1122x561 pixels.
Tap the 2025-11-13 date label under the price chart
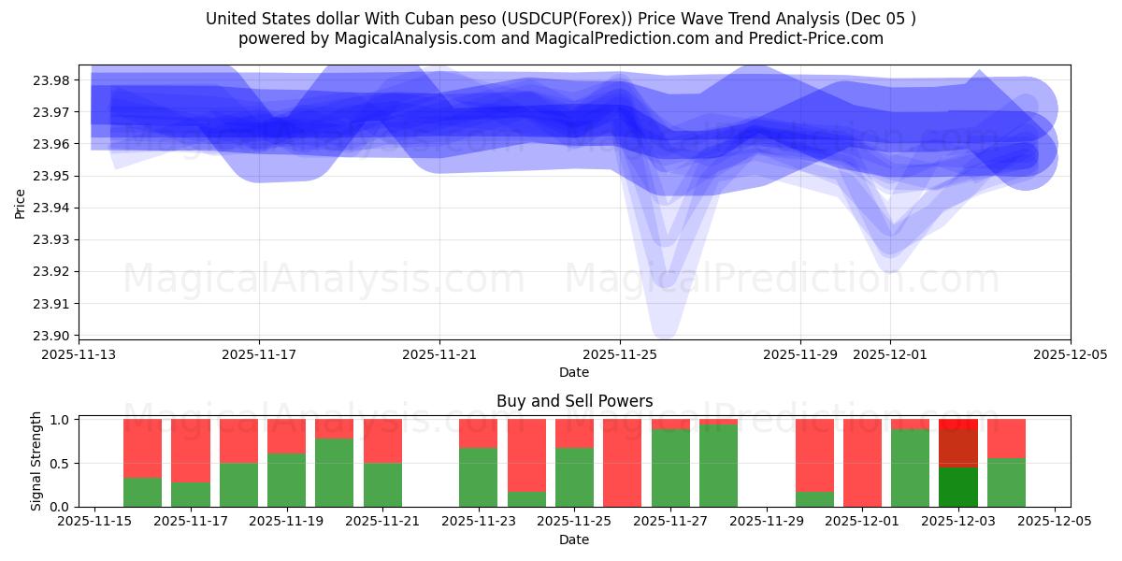tap(79, 355)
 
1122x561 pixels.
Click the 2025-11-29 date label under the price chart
tap(800, 355)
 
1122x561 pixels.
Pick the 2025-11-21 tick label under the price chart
tap(439, 355)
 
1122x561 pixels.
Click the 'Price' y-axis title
tap(21, 202)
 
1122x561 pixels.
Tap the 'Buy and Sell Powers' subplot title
tap(574, 401)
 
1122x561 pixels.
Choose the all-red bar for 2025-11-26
tap(622, 463)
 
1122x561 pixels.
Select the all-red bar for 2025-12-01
tap(862, 463)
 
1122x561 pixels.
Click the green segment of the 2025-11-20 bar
tap(334, 472)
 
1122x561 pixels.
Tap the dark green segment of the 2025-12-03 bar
tap(957, 487)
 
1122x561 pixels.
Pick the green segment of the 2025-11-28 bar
tap(718, 466)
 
